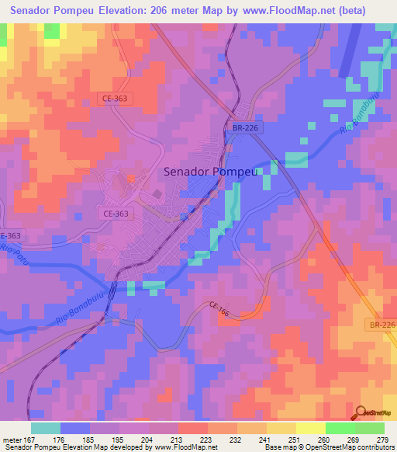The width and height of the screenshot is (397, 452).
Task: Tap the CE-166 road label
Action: point(218,309)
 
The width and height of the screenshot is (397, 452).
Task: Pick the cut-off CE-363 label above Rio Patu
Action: point(9,235)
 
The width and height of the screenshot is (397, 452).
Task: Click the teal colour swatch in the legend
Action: point(46,428)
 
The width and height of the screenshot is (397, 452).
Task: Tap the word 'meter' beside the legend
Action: point(12,440)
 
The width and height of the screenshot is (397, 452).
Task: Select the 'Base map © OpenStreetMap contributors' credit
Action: point(328,448)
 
